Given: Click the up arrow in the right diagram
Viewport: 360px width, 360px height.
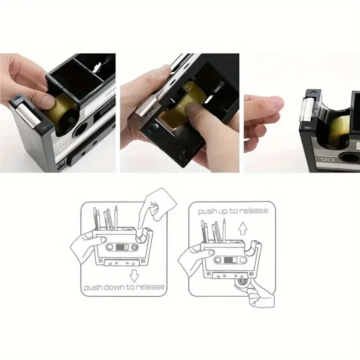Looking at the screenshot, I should pyautogui.click(x=243, y=227).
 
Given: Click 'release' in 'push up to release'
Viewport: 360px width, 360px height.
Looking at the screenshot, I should pyautogui.click(x=253, y=211).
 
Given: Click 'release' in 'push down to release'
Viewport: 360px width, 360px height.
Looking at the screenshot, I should pyautogui.click(x=149, y=287).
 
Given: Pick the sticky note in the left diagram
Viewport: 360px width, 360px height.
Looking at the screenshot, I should pyautogui.click(x=161, y=203).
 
